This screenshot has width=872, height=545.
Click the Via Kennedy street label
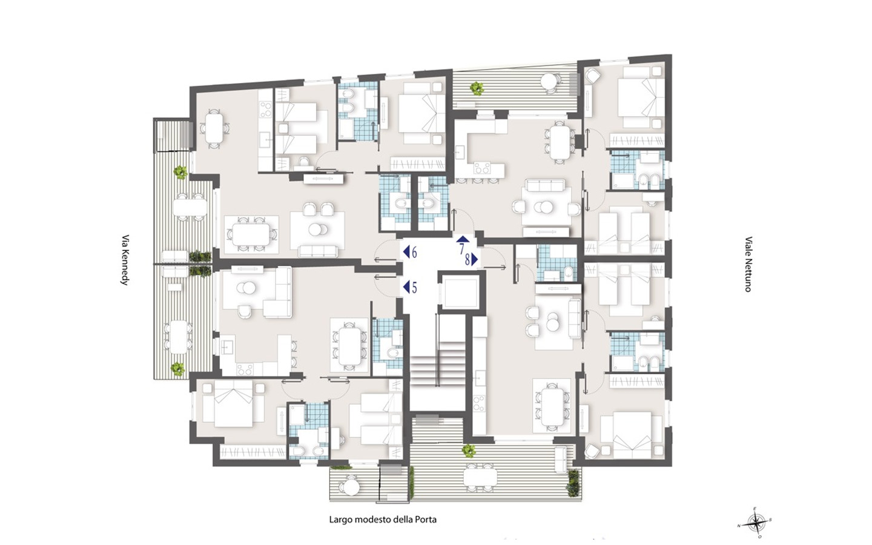coord(125,260)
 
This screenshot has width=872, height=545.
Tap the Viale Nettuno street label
coord(748,264)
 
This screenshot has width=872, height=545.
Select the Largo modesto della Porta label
coord(383,520)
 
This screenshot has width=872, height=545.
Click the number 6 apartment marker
coord(411,253)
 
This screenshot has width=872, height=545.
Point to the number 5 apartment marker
coord(411,288)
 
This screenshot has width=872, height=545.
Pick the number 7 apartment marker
coord(463,245)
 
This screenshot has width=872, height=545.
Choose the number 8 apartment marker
coord(471,260)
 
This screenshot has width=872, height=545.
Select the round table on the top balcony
coord(550,81)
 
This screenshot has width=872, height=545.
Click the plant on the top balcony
coord(477,88)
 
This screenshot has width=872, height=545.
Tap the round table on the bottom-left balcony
coord(349,487)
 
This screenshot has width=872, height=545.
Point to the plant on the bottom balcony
coord(469,451)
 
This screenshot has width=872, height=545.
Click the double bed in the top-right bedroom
coord(641,97)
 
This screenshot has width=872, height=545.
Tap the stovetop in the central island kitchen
coord(481,168)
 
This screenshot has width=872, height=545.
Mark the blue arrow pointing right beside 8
coord(475,260)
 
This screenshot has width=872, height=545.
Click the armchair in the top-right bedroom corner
coord(593,76)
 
